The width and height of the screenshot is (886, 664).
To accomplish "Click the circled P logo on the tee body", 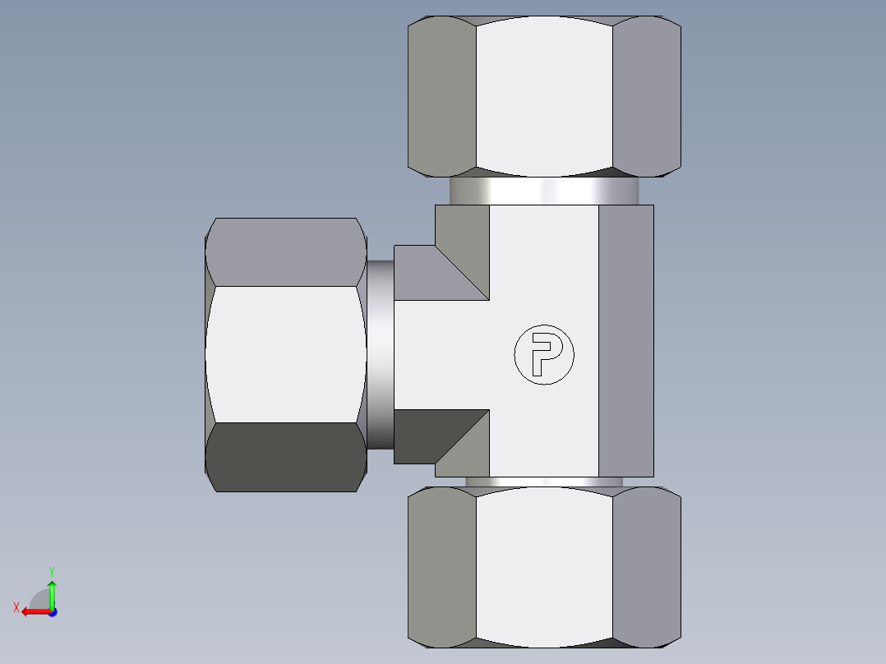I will tap(543, 355).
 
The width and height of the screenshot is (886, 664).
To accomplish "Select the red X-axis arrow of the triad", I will tap(33, 611).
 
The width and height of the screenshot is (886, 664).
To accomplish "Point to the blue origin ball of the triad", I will tap(52, 611).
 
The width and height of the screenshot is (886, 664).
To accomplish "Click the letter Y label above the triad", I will tap(51, 569).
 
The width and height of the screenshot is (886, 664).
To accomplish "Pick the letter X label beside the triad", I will tap(16, 607).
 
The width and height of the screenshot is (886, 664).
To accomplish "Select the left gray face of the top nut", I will tap(443, 96).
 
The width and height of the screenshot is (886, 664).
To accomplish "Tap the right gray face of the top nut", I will tap(646, 96).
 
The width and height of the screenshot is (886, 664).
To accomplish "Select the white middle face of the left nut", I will tap(285, 354).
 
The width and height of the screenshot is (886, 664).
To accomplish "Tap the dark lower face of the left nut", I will tap(285, 457).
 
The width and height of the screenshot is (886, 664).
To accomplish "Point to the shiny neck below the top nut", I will tap(544, 191).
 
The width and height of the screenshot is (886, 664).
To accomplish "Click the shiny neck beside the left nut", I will tap(380, 354).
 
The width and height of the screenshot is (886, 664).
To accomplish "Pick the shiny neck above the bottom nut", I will tap(544, 482).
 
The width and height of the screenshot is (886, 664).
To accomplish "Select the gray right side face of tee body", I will tap(625, 340).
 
